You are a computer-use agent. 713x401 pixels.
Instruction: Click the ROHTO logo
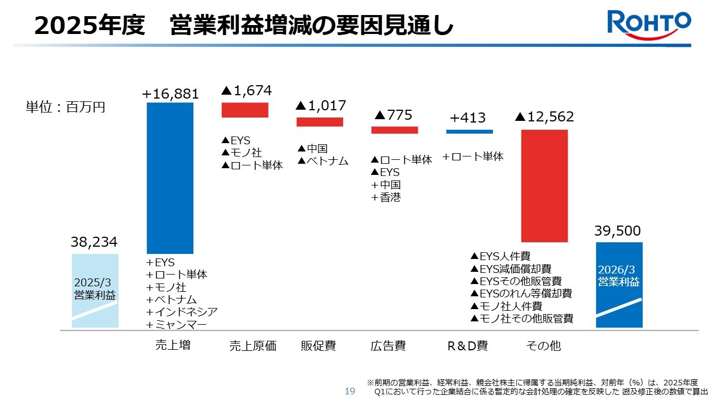[x=649, y=25]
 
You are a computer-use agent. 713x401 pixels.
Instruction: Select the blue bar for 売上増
[x=170, y=178]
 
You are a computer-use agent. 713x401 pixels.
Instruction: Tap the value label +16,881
[x=170, y=94]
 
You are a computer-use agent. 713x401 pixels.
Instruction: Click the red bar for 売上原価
[x=245, y=110]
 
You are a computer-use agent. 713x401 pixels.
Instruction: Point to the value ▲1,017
[x=321, y=105]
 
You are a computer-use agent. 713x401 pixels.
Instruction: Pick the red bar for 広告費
[x=394, y=130]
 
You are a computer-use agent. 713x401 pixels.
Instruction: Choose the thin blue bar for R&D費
[x=469, y=131]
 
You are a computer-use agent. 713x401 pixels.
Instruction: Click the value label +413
[x=468, y=118]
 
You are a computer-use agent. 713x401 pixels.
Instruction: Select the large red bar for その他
[x=544, y=185]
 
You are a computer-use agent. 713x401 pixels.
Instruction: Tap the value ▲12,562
[x=544, y=117]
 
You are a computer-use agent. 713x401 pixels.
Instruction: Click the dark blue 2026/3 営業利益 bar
[x=619, y=285]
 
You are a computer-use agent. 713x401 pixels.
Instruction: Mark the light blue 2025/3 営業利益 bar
[x=95, y=290]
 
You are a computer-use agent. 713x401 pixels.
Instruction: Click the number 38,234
[x=94, y=242]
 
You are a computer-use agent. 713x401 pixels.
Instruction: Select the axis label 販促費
[x=318, y=346]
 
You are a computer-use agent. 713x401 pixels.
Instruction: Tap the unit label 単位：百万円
[x=65, y=107]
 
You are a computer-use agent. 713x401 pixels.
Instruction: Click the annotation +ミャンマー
[x=177, y=325]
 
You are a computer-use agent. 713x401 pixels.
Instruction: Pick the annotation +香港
[x=385, y=197]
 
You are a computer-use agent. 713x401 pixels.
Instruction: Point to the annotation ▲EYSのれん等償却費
[x=521, y=294]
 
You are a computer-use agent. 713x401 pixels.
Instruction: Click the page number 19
[x=350, y=391]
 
